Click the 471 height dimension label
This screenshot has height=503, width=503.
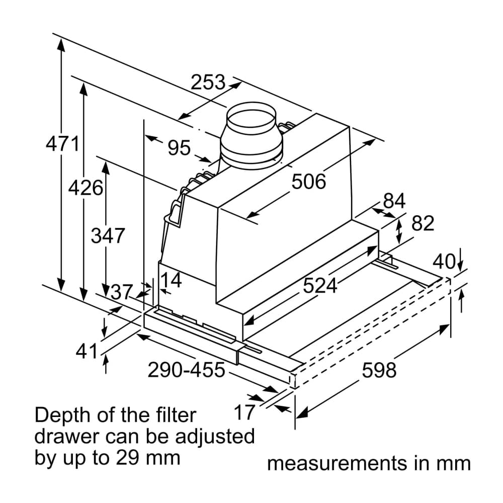(62, 144)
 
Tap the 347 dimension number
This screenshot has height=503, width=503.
(107, 235)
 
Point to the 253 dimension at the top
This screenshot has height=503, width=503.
(208, 82)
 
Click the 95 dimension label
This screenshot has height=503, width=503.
(179, 148)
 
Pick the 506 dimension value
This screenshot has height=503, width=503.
(309, 182)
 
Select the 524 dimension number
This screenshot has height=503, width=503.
(320, 286)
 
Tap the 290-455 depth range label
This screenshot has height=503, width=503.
(186, 370)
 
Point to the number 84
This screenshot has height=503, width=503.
(394, 201)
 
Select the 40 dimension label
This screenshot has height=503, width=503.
(444, 262)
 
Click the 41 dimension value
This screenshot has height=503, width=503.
(87, 352)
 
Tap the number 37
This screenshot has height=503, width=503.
(121, 292)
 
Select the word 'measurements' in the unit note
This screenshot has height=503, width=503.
(337, 463)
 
